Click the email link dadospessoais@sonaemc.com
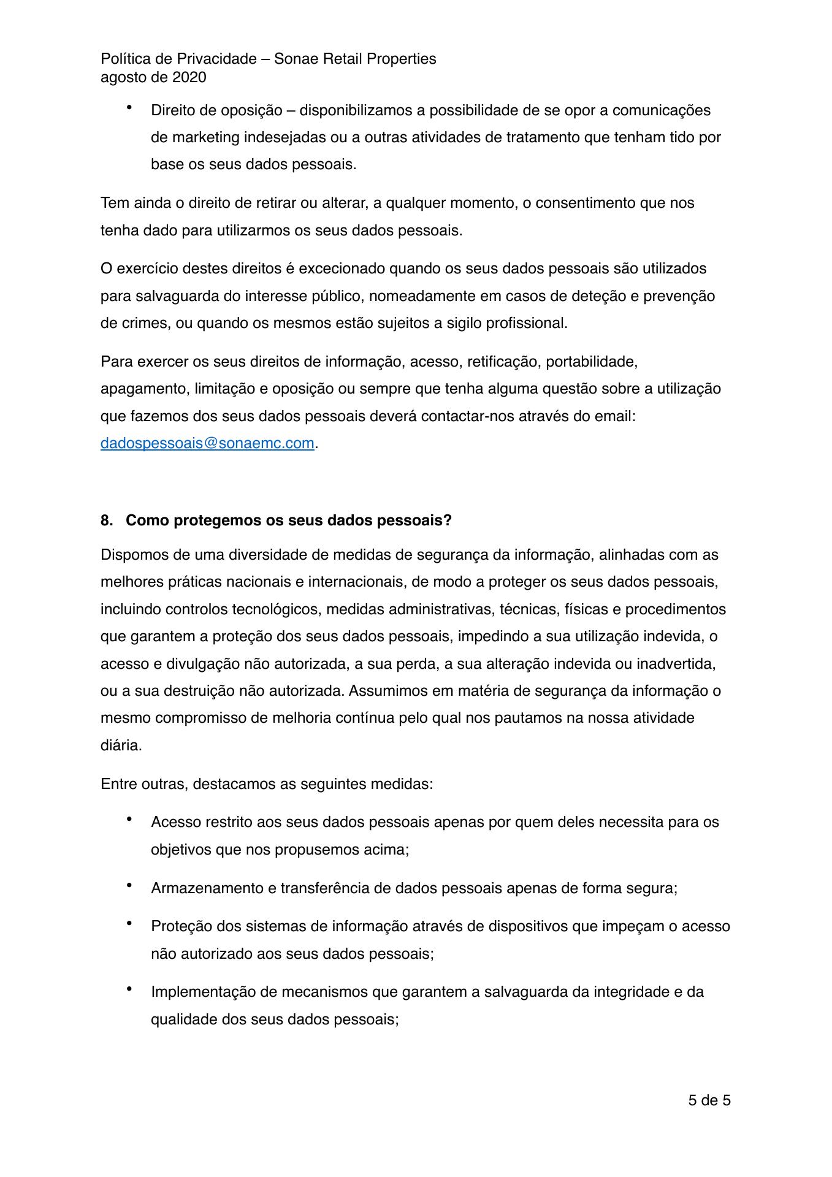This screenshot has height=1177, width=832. [x=207, y=443]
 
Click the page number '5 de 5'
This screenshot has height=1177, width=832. [x=709, y=1100]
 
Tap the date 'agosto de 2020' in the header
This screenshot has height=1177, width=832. [x=153, y=77]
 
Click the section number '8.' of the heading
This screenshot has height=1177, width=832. [x=107, y=520]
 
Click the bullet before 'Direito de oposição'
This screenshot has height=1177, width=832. [x=129, y=109]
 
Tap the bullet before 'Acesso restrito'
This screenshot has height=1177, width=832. [x=129, y=820]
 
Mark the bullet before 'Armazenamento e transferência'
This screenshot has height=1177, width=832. [x=129, y=886]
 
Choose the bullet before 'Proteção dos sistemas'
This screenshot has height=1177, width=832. [x=129, y=924]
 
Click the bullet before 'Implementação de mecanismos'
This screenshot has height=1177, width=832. [x=129, y=990]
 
